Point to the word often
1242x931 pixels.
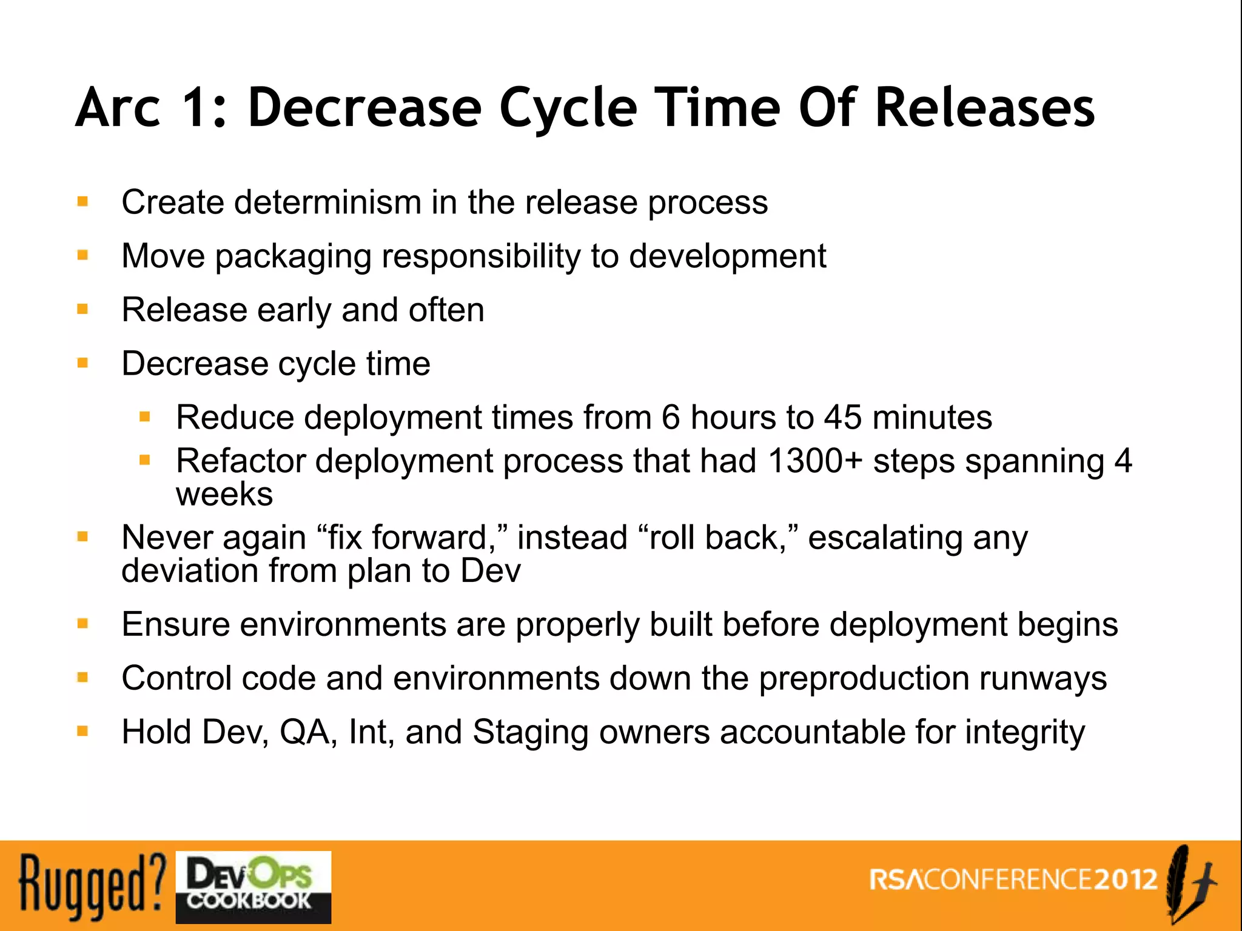(x=446, y=310)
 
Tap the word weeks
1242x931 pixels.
(x=224, y=494)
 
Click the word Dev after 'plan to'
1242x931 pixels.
(x=490, y=571)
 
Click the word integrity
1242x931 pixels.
(x=1025, y=732)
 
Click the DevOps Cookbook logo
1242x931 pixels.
(x=253, y=887)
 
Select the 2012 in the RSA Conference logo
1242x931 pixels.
(x=1126, y=879)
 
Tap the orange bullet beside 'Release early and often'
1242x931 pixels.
(x=83, y=310)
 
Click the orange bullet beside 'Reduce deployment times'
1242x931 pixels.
(x=144, y=417)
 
